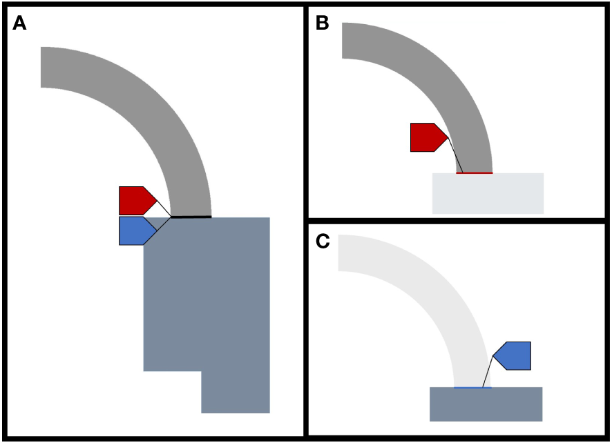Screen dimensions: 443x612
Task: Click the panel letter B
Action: point(322,23)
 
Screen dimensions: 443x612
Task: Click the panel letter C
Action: point(323,242)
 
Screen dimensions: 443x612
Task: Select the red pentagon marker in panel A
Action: point(135,200)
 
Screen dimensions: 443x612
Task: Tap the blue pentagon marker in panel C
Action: point(514,355)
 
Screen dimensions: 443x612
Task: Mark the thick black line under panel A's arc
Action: point(191,217)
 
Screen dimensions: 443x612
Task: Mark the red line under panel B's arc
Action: point(475,173)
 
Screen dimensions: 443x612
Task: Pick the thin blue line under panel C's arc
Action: point(472,388)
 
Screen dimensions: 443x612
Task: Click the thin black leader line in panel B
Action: point(455,155)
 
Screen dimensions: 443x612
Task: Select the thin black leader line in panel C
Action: point(488,372)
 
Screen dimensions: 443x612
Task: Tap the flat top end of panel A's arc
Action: point(42,68)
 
